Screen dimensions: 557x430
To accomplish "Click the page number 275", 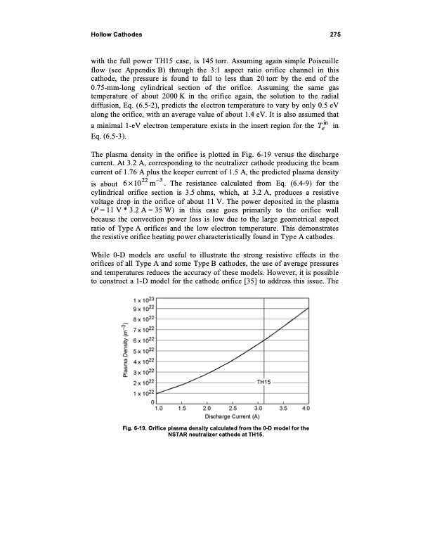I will [334, 35].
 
